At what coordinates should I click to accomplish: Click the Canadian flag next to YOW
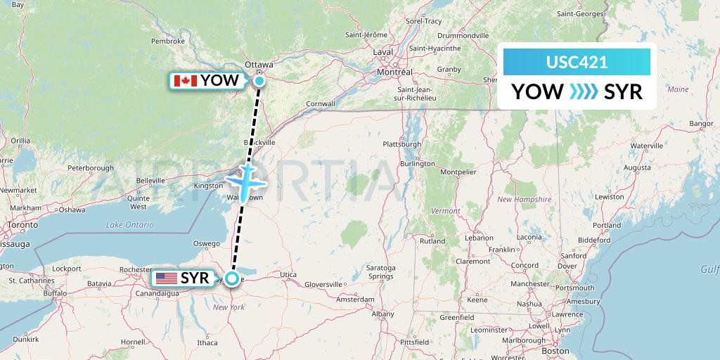(185, 81)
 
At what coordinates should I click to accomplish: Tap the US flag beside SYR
(167, 278)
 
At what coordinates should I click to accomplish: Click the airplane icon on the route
(245, 181)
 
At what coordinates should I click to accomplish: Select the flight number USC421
(577, 63)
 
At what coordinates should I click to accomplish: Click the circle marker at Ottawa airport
(259, 81)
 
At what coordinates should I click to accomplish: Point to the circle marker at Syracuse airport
(231, 278)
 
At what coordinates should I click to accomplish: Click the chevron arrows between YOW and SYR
(584, 91)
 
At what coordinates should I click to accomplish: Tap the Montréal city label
(394, 72)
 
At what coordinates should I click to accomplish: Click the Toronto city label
(15, 226)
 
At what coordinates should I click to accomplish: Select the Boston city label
(555, 350)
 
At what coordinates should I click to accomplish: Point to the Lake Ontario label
(129, 224)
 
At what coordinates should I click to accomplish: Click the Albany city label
(383, 314)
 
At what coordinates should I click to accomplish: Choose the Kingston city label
(207, 186)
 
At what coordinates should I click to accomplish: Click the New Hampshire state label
(524, 200)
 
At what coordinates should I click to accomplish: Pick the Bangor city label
(702, 123)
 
